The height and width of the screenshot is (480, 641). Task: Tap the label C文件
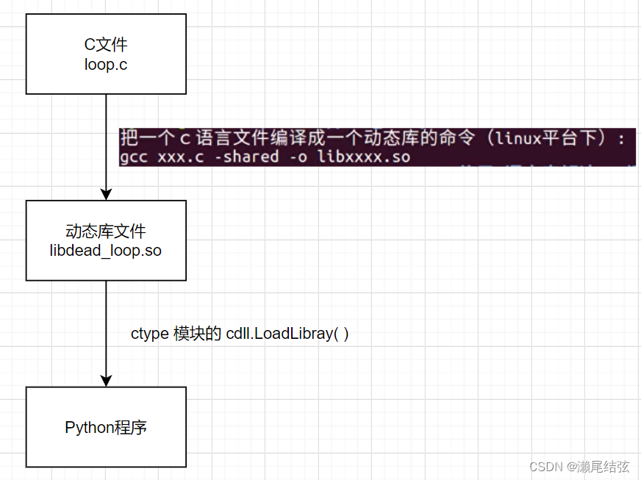click(x=106, y=46)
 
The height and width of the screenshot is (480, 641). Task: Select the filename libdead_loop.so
click(x=106, y=250)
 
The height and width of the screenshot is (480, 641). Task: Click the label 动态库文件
click(x=106, y=232)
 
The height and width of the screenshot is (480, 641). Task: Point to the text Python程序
click(x=106, y=427)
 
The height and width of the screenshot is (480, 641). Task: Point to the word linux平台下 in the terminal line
click(x=542, y=138)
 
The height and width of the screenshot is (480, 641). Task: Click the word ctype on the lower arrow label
click(x=149, y=333)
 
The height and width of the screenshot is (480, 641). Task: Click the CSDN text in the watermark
click(x=548, y=467)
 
